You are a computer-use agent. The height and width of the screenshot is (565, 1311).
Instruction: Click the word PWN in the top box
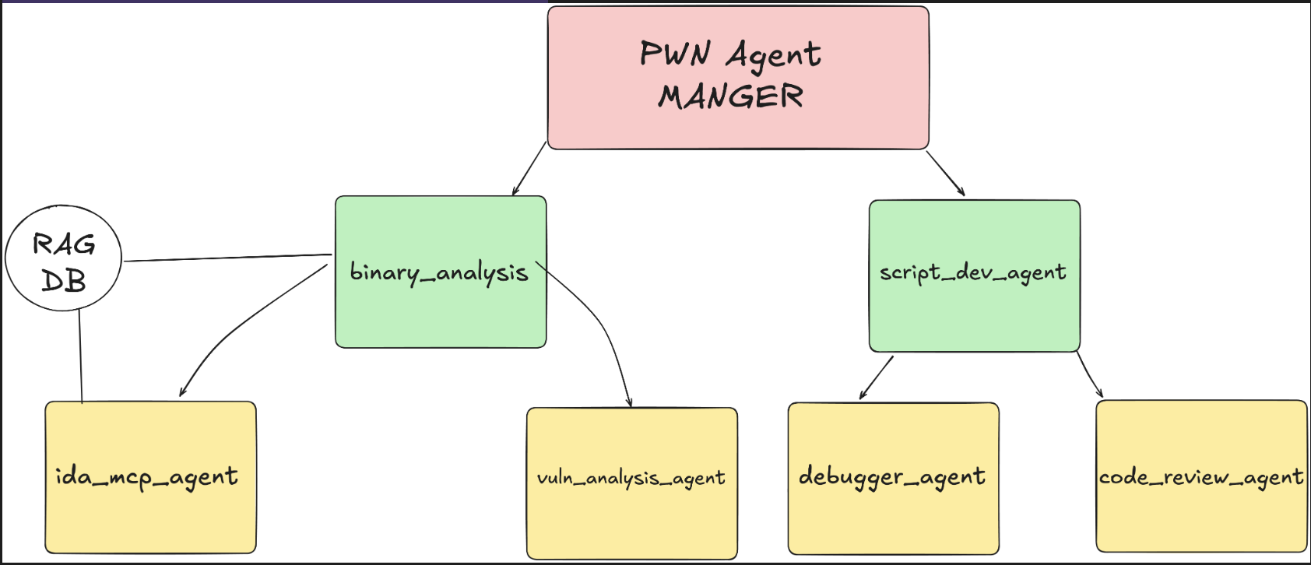click(675, 54)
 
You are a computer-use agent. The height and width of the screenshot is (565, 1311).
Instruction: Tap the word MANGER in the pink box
click(730, 97)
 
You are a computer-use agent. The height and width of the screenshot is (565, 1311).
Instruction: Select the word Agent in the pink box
click(773, 54)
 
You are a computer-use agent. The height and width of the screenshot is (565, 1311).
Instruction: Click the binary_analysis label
click(439, 272)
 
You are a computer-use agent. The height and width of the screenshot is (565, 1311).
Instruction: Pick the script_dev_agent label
click(973, 272)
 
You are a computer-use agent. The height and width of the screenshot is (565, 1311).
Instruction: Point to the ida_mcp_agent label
click(146, 476)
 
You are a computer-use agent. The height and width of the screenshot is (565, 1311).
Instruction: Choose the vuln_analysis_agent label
click(631, 478)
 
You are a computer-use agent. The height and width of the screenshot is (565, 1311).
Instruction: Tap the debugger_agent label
click(892, 476)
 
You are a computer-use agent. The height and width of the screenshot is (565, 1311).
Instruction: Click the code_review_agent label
click(1200, 477)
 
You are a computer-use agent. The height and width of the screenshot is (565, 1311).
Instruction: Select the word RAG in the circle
click(64, 244)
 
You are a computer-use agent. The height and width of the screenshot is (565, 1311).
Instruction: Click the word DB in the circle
click(63, 280)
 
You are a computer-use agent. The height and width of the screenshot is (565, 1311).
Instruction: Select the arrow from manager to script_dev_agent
click(945, 173)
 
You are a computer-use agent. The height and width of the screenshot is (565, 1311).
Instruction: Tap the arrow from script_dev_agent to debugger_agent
click(877, 377)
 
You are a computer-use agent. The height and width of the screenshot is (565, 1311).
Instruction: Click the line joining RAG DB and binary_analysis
click(226, 258)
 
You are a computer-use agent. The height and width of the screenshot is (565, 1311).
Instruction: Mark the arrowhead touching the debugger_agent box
click(863, 396)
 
